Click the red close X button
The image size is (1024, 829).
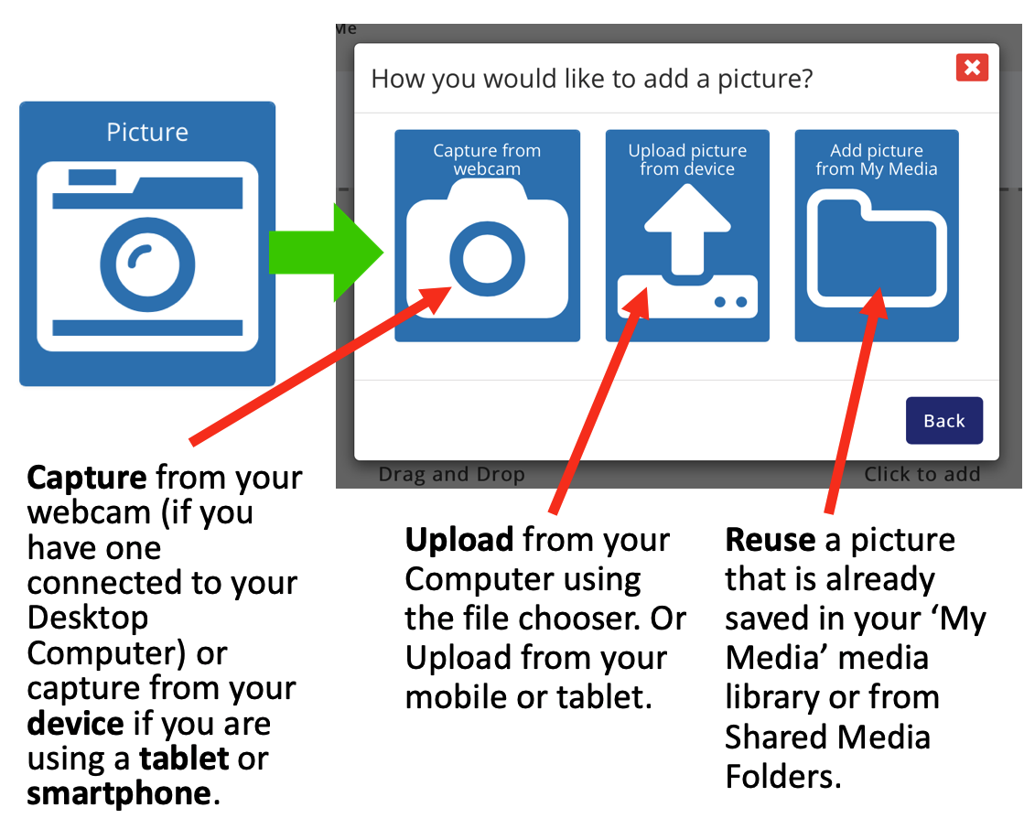[972, 67]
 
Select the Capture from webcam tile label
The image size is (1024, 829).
[487, 159]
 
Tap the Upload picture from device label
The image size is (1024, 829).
[687, 159]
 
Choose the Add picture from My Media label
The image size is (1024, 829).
[877, 159]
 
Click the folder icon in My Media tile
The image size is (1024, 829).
[877, 248]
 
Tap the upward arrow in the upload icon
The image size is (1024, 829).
[687, 229]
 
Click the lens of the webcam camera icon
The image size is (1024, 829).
[487, 259]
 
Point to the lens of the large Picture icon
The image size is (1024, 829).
[147, 264]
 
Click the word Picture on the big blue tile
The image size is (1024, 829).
[147, 132]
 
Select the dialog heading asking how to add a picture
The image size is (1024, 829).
[592, 79]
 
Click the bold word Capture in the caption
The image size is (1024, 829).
[87, 478]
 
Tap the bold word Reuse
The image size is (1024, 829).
[770, 540]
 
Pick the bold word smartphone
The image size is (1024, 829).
[119, 793]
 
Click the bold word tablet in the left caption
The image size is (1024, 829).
[184, 759]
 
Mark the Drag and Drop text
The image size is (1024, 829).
[451, 474]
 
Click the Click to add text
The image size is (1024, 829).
[922, 474]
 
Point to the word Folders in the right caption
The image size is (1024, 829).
[782, 777]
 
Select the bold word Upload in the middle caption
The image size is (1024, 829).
[459, 541]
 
